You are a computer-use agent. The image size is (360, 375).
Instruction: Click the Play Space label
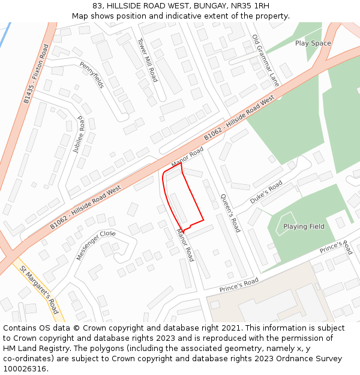tap(313, 43)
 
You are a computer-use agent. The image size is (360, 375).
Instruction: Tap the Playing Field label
tap(304, 226)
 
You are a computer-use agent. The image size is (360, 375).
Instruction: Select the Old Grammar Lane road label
tap(266, 60)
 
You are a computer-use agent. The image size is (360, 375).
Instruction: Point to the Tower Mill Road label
tap(147, 60)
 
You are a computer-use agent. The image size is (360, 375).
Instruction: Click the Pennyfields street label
tap(92, 75)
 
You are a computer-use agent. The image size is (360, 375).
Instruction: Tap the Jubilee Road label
tap(79, 135)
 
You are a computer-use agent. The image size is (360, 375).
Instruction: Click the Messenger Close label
tap(95, 245)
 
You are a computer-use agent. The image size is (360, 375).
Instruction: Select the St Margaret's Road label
tap(39, 290)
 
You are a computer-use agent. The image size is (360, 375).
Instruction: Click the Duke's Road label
tap(266, 192)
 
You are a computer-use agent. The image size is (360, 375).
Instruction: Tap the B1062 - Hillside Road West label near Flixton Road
tap(85, 207)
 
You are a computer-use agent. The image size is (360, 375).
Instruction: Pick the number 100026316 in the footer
tap(24, 368)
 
